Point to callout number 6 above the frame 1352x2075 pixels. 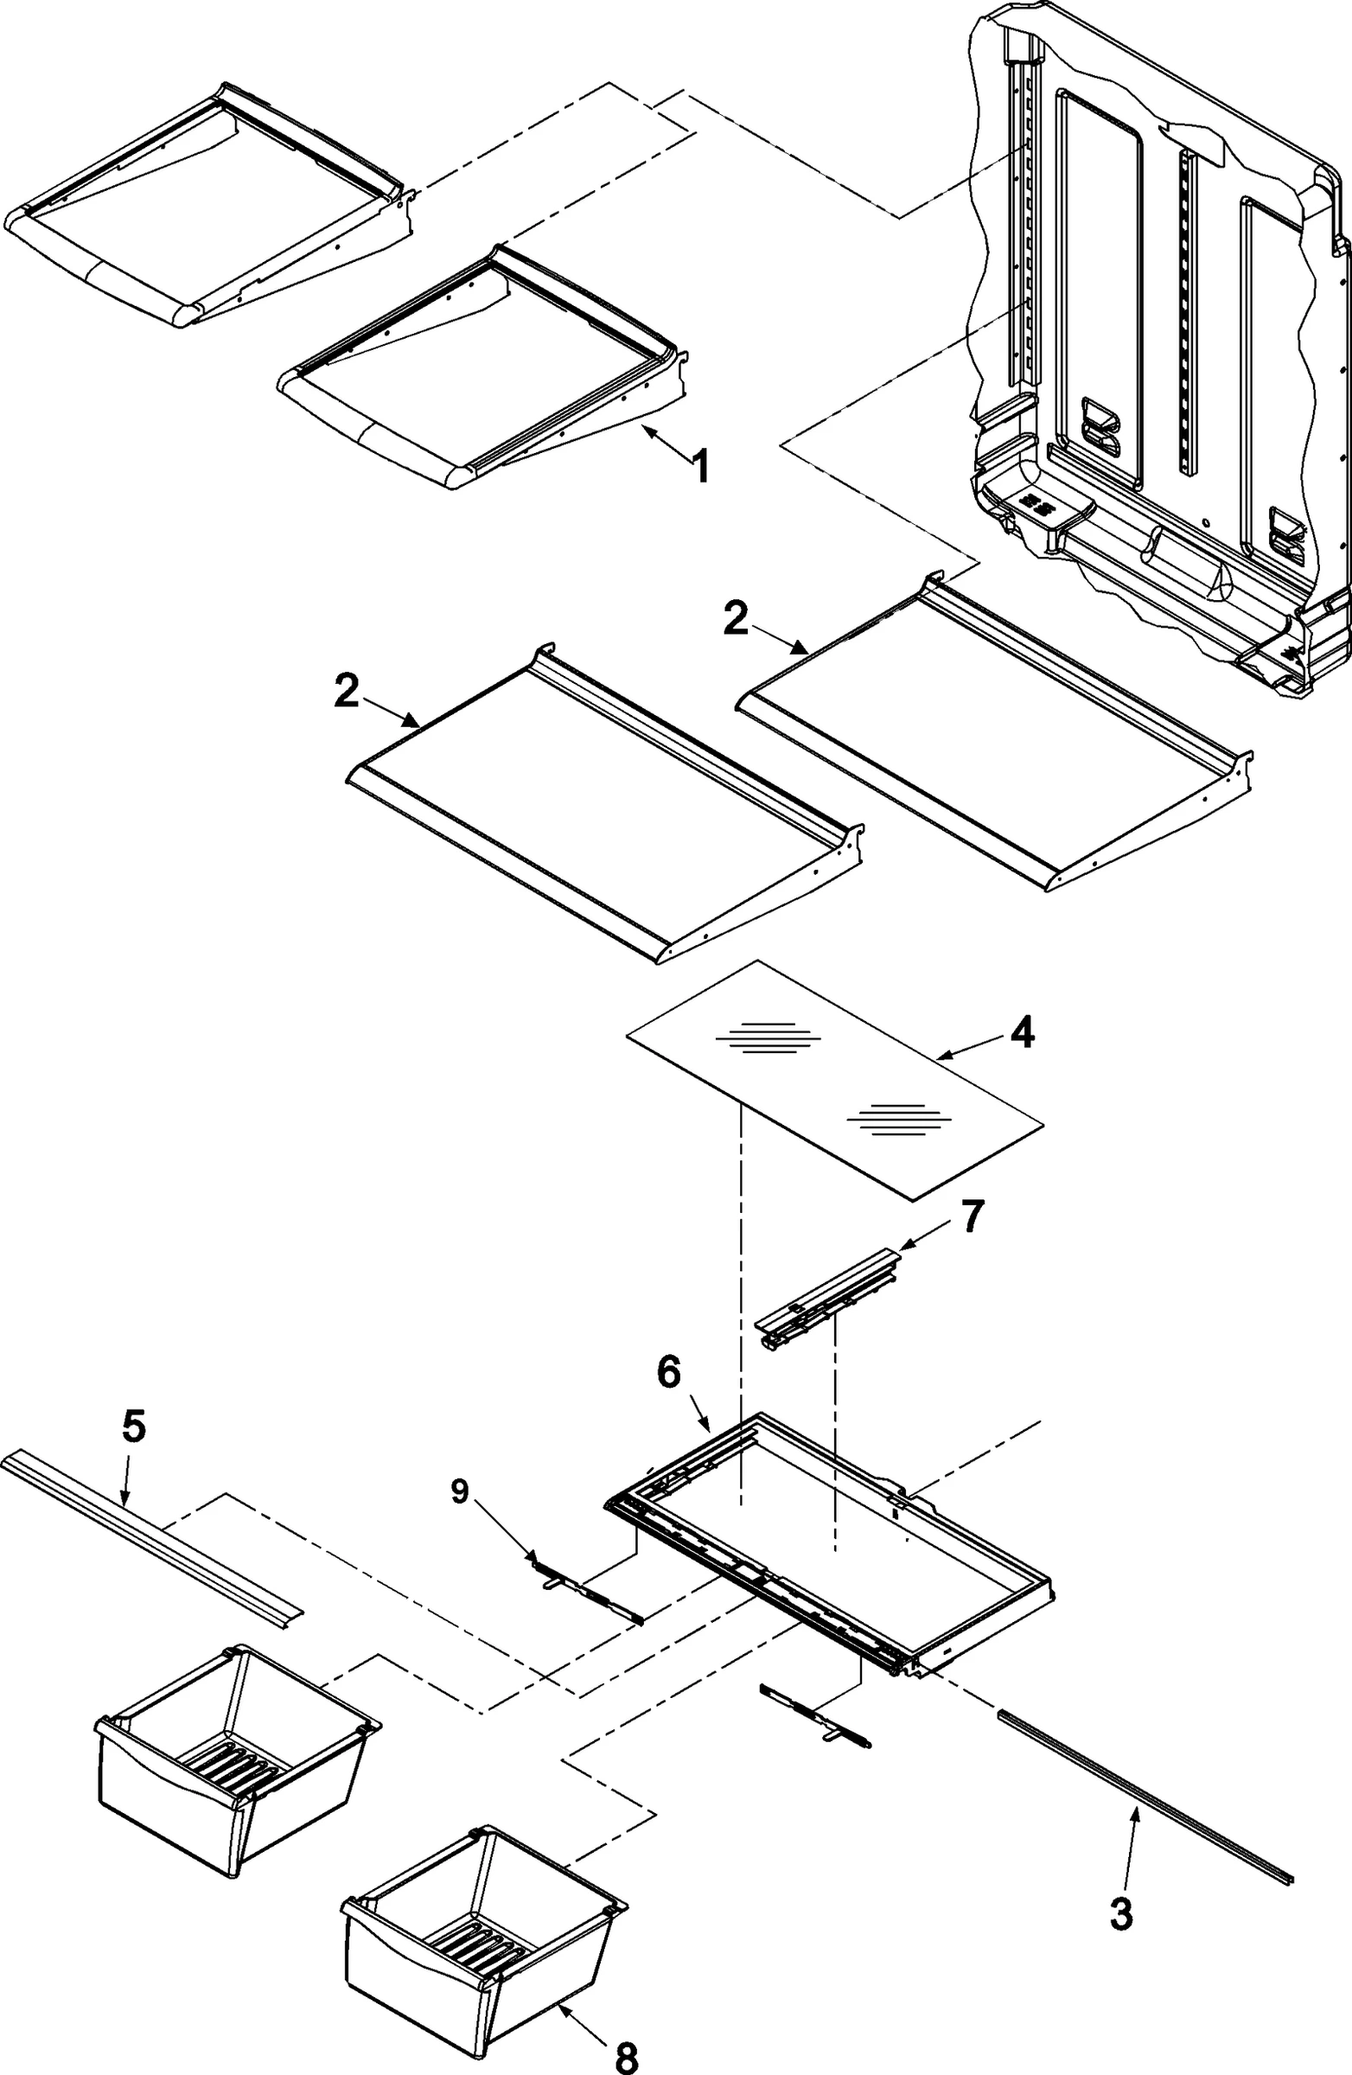pyautogui.click(x=667, y=1373)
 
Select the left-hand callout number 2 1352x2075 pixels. pyautogui.click(x=346, y=693)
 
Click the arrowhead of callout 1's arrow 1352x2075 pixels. pyautogui.click(x=645, y=428)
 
